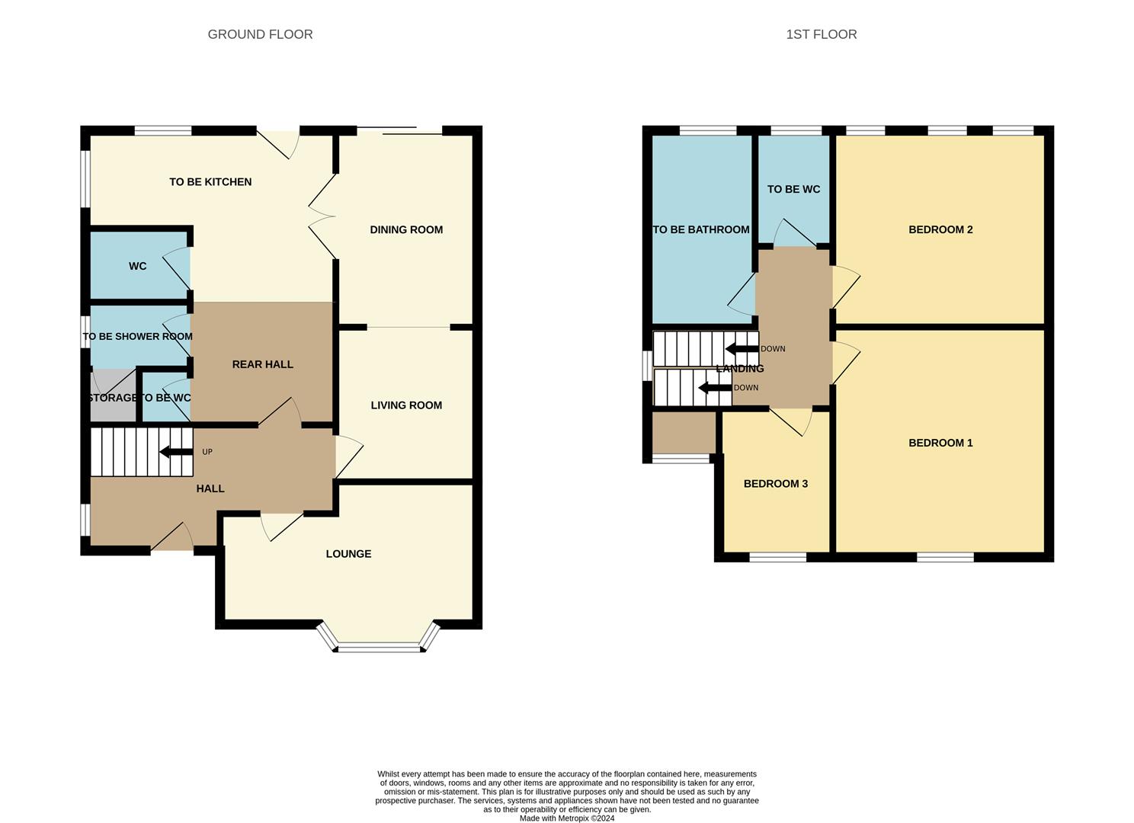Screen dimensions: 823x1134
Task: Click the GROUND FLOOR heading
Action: tap(260, 34)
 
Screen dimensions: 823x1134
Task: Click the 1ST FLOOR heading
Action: tap(821, 34)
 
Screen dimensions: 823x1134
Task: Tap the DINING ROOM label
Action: tap(406, 229)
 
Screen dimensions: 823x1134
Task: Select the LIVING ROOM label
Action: tap(406, 405)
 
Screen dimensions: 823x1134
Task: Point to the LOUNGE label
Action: tap(348, 554)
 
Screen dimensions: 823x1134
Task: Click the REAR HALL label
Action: tap(262, 364)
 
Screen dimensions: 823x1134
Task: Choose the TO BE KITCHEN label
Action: tap(210, 182)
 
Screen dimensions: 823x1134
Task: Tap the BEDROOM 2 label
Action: tap(940, 229)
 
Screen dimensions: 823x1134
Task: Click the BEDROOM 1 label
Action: tap(940, 443)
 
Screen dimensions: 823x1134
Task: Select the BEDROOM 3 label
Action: tap(775, 484)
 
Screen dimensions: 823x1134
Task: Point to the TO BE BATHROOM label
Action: tap(701, 229)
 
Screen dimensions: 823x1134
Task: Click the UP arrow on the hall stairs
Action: tap(176, 452)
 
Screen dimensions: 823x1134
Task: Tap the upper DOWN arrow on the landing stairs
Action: tap(742, 349)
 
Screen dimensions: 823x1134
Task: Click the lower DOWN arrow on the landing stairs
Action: tap(715, 388)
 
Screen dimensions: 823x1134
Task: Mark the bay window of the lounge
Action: tap(379, 647)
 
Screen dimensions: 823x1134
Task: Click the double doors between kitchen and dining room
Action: tap(323, 216)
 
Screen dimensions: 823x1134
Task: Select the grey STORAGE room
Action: tap(111, 396)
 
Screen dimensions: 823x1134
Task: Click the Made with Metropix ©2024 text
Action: tap(566, 818)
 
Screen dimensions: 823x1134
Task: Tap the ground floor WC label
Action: tap(137, 266)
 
